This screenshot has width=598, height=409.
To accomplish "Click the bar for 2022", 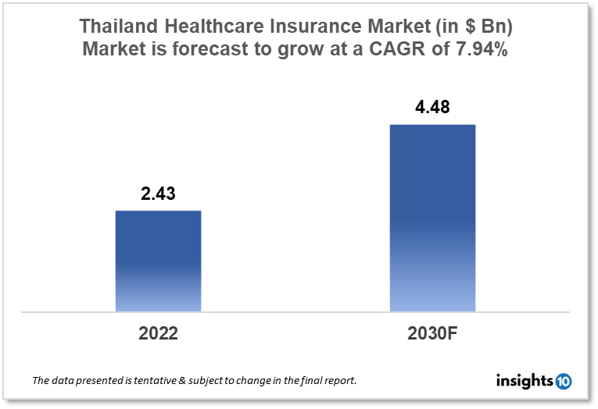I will click(x=158, y=261).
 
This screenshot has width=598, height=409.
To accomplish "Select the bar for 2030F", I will click(x=431, y=218).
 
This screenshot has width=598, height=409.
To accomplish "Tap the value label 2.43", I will click(x=158, y=194).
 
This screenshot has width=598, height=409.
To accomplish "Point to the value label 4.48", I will click(x=431, y=108).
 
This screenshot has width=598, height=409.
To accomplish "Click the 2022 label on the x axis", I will click(x=158, y=333).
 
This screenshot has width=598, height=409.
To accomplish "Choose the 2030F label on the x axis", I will click(x=431, y=333).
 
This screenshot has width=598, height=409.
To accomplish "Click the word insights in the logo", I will click(x=525, y=381).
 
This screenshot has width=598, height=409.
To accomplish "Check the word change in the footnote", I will click(x=260, y=382).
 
